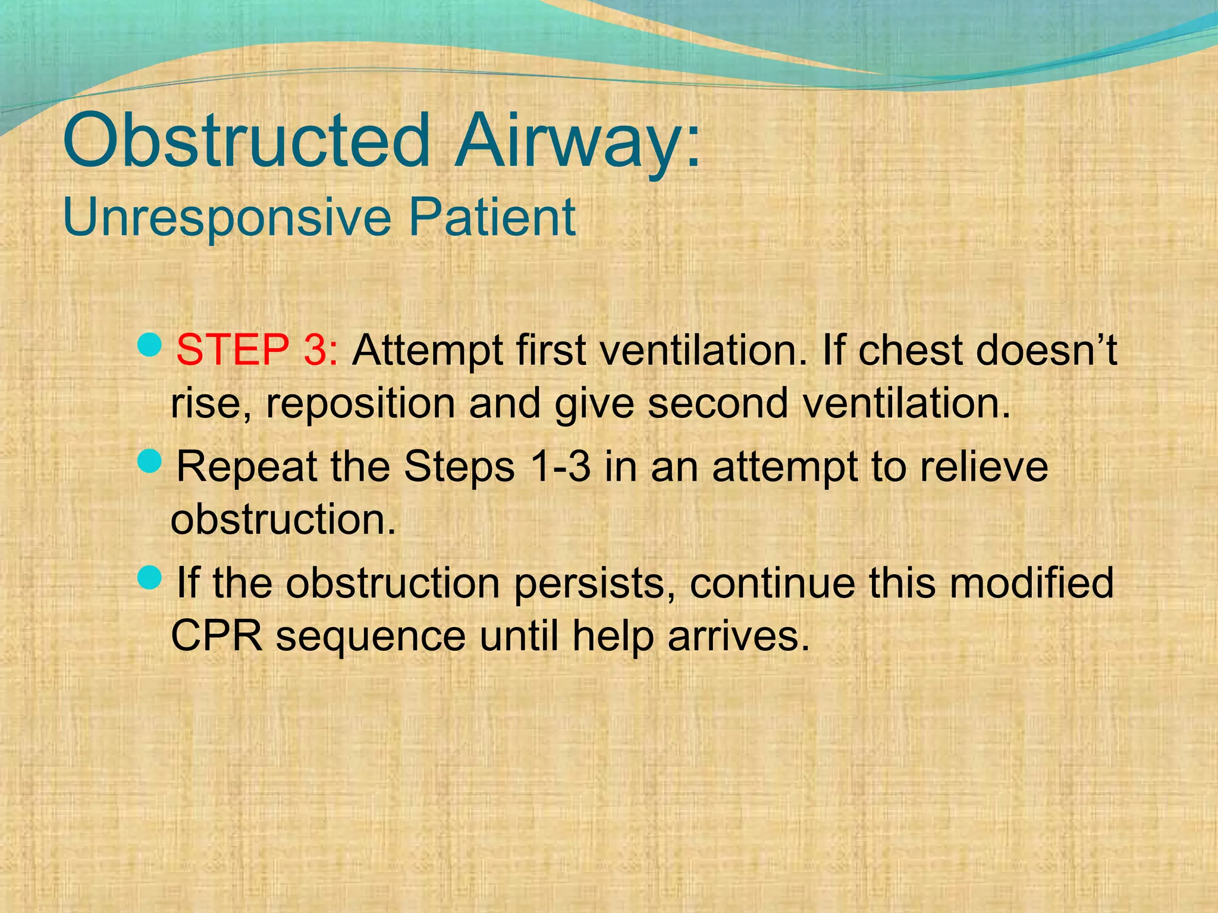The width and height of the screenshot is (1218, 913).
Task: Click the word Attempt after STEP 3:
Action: pyautogui.click(x=427, y=351)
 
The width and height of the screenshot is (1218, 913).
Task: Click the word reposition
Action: pyautogui.click(x=360, y=404)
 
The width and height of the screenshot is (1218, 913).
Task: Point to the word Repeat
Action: pyautogui.click(x=246, y=467)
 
